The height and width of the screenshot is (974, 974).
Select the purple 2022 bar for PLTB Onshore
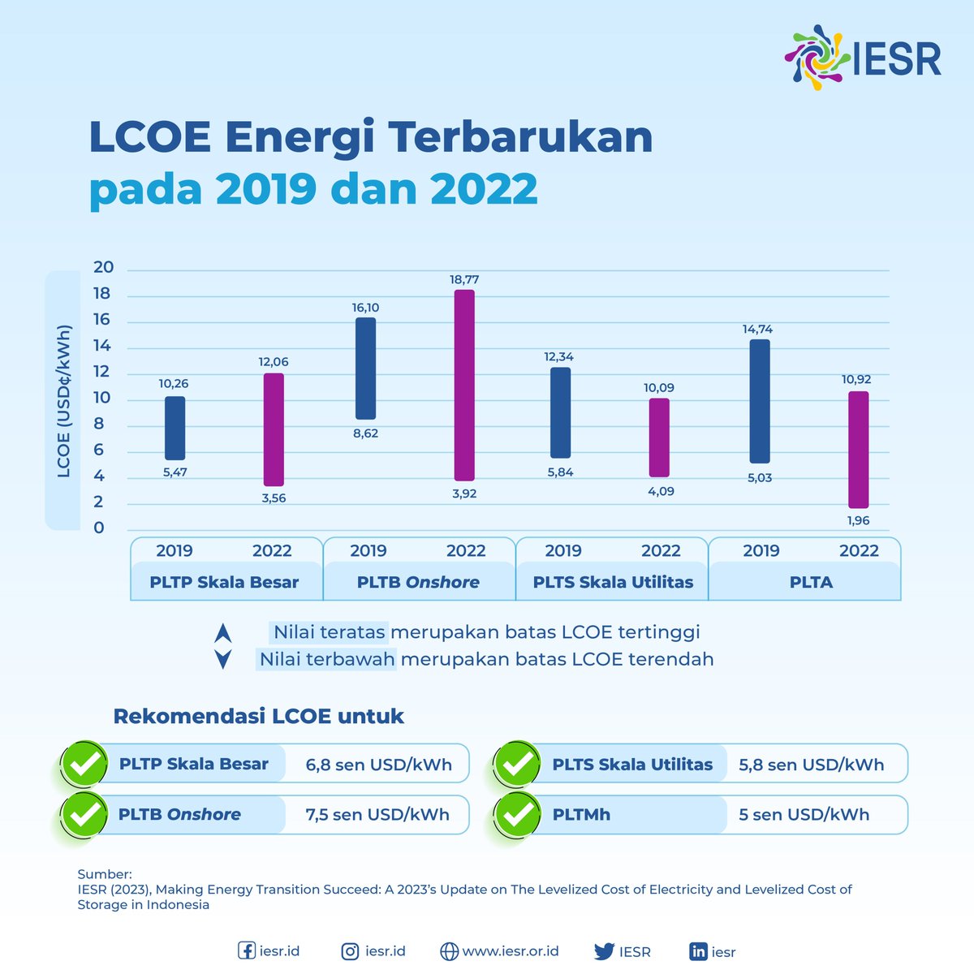(x=464, y=385)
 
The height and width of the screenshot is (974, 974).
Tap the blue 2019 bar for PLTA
(x=760, y=401)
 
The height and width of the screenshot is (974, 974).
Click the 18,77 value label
(x=464, y=279)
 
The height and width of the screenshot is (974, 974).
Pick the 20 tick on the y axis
(x=104, y=268)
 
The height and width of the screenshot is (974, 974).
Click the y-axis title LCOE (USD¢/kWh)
(x=64, y=401)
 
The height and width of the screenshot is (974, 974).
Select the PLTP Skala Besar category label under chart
(x=224, y=582)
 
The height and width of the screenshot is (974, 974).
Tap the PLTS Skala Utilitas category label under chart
(x=613, y=582)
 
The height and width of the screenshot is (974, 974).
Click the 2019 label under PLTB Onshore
(x=368, y=550)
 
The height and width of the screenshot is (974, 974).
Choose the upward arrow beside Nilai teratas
(x=223, y=633)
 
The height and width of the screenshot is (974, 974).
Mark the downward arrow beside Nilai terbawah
(x=223, y=659)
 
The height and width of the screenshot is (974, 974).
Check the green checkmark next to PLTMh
(x=517, y=814)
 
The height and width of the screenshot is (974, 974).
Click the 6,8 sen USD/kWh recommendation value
(x=378, y=764)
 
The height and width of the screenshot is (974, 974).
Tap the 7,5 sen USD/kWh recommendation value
(x=377, y=814)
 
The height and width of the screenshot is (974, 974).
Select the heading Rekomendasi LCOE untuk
(x=258, y=716)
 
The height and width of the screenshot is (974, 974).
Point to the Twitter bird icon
(x=604, y=951)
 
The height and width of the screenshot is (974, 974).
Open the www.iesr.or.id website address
(x=510, y=951)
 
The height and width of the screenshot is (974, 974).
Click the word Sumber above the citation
(x=104, y=874)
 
